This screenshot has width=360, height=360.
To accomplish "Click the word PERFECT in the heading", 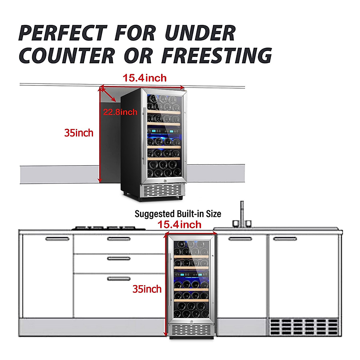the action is [62, 33].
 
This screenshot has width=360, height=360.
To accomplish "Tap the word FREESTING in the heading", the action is [217, 55].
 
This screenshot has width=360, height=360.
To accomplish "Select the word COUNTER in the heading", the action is [67, 55].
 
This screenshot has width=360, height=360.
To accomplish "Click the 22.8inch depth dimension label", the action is [120, 112].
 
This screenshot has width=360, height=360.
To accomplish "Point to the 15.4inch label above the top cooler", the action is [145, 78].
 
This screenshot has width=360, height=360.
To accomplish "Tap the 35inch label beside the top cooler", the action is [79, 133].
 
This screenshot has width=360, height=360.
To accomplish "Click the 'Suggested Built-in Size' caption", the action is [178, 214].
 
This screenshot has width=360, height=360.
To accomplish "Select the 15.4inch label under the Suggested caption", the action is [179, 224].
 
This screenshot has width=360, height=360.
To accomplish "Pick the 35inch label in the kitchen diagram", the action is [147, 289].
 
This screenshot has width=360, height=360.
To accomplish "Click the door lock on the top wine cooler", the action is [165, 181].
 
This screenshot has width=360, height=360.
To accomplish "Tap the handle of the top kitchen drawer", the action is [119, 239].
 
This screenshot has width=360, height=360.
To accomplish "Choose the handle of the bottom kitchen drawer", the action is [119, 279].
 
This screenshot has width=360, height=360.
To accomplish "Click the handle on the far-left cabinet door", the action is [57, 239].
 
